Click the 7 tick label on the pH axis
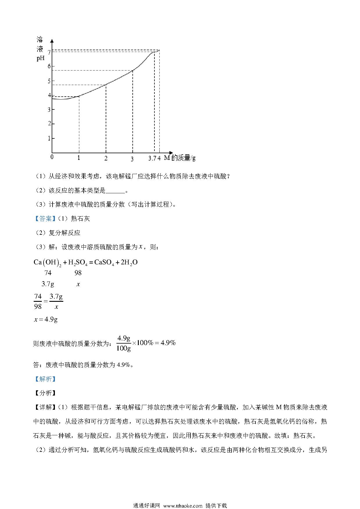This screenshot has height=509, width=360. click(x=49, y=53)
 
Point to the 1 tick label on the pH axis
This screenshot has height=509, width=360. click(x=49, y=138)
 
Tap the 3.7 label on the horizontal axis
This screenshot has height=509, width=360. click(x=153, y=158)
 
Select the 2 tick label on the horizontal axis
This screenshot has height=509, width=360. click(x=106, y=158)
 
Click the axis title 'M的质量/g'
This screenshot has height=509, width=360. click(x=180, y=158)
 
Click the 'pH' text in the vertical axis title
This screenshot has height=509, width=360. click(x=40, y=58)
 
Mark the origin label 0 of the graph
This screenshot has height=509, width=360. click(x=52, y=157)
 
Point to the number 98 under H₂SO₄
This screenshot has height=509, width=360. click(x=78, y=273)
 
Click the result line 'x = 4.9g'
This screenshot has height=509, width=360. click(x=46, y=320)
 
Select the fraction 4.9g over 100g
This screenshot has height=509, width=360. click(x=123, y=343)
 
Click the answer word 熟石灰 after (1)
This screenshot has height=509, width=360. click(x=80, y=219)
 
